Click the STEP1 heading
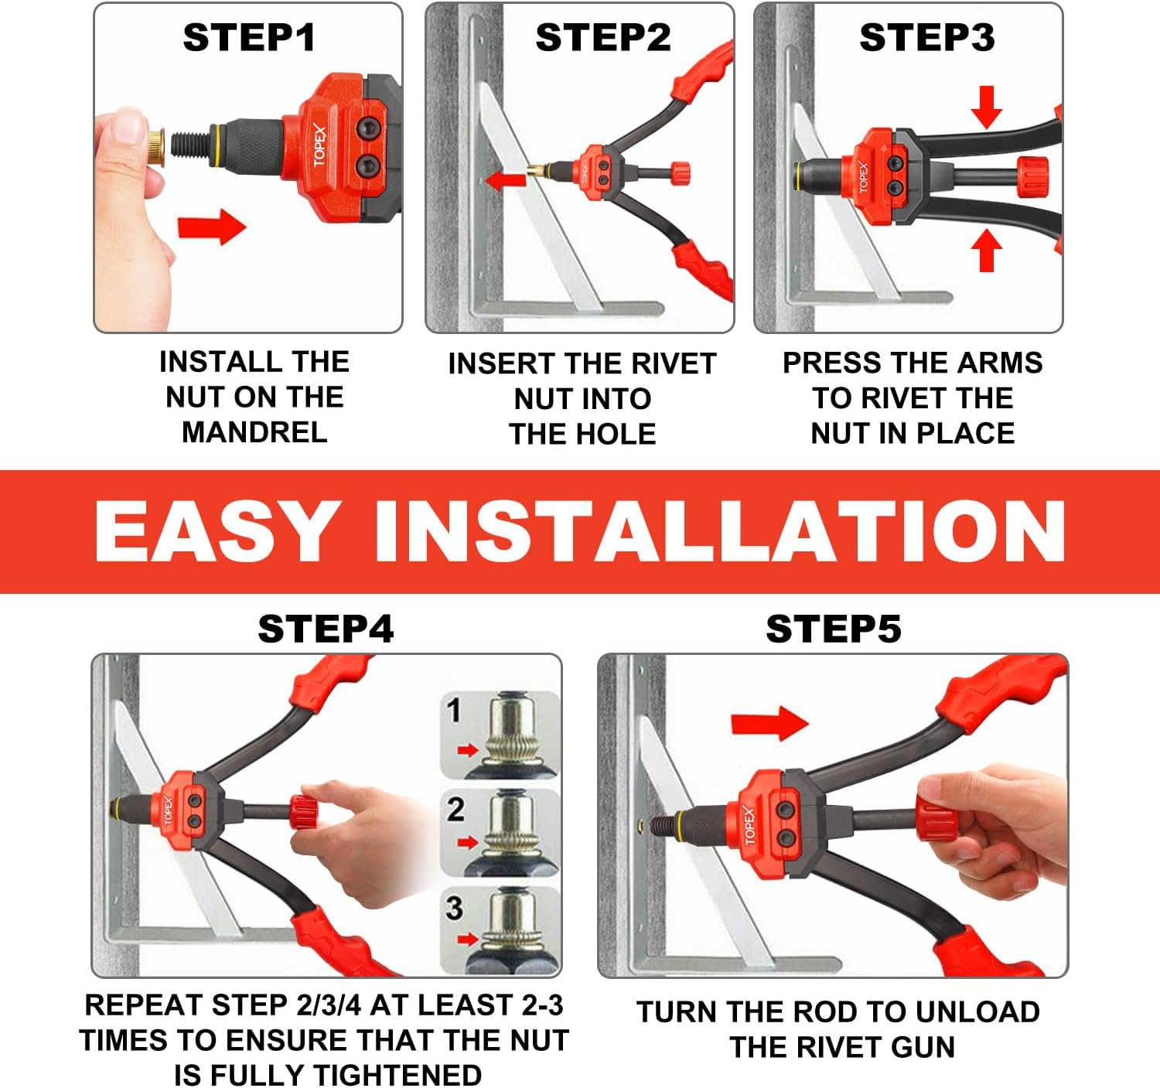(x=249, y=38)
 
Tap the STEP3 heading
(x=926, y=38)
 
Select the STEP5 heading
(x=833, y=629)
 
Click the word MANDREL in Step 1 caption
(x=254, y=432)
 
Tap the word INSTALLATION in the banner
(x=719, y=532)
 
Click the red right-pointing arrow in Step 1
(x=211, y=227)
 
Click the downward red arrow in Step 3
(x=987, y=107)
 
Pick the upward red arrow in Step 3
(x=986, y=251)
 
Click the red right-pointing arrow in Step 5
(x=769, y=723)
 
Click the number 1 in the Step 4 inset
(x=454, y=710)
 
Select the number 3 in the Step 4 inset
(x=454, y=908)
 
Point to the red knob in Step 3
(x=1032, y=176)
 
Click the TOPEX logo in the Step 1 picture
(x=320, y=146)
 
